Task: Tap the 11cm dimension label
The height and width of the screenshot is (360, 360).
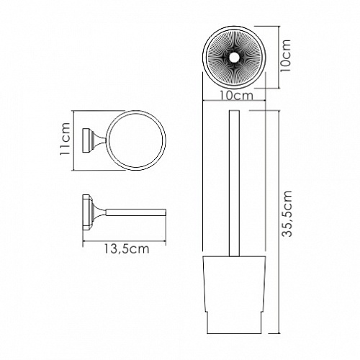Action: [65, 140]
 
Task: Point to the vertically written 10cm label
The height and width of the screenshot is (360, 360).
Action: [285, 55]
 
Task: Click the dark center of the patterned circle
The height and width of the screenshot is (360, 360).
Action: [236, 56]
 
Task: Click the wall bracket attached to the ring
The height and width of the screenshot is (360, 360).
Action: [92, 141]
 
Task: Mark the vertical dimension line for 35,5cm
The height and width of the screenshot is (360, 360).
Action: [276, 216]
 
